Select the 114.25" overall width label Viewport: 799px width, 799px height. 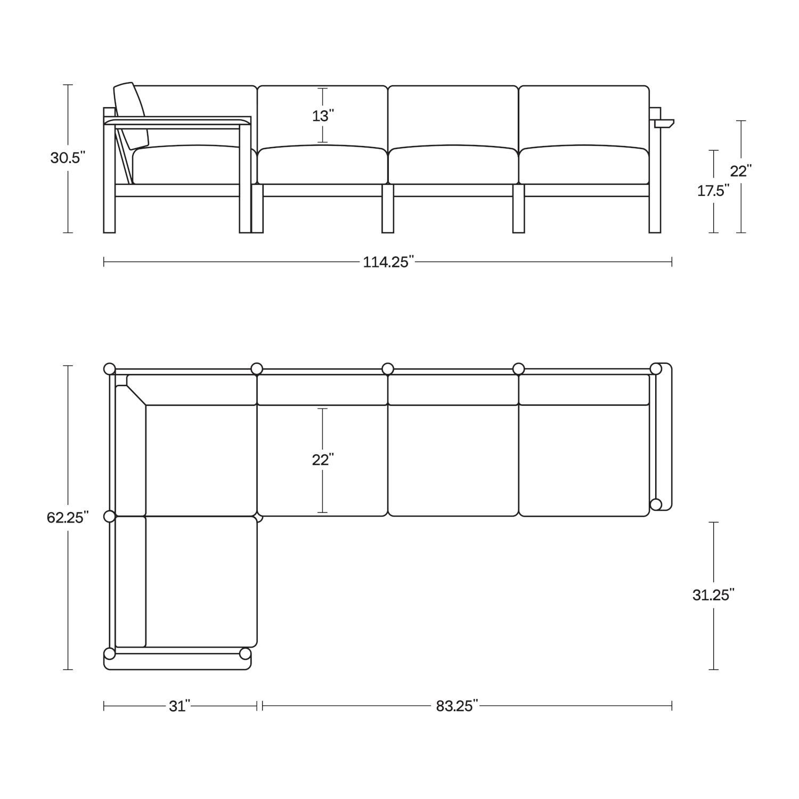(x=388, y=262)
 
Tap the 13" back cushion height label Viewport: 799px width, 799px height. (x=323, y=116)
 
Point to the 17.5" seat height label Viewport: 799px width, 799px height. (x=713, y=191)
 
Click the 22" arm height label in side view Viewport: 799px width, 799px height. (x=740, y=171)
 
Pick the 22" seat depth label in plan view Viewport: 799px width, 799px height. (x=323, y=460)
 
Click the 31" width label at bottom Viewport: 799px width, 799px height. (x=180, y=706)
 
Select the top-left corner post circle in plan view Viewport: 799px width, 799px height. (x=109, y=369)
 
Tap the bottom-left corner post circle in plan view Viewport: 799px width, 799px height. (x=109, y=654)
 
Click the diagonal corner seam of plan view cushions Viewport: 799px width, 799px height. (x=136, y=396)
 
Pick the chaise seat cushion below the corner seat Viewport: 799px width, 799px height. (x=201, y=581)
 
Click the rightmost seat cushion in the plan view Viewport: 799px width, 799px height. (x=584, y=460)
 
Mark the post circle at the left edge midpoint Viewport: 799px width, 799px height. (x=109, y=516)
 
